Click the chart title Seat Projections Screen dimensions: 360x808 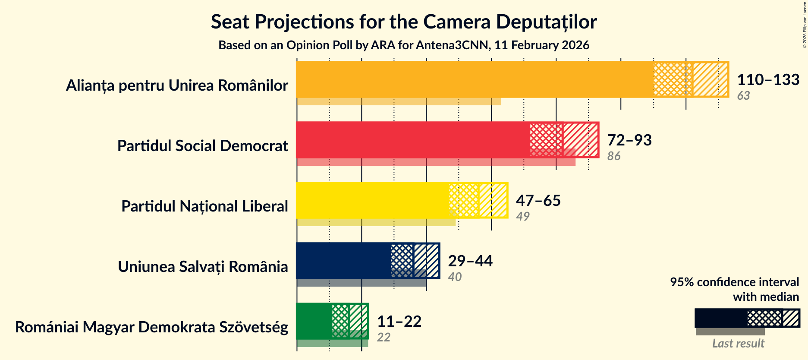(403, 22)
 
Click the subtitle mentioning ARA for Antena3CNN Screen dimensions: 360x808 (403, 45)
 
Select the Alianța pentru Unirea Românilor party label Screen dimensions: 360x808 (177, 85)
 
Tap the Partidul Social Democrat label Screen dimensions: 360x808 (202, 146)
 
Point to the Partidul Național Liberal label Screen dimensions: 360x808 (204, 206)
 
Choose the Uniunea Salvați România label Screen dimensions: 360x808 (203, 267)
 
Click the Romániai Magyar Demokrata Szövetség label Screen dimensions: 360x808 (151, 327)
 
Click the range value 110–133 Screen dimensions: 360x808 (768, 80)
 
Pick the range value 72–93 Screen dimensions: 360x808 (629, 140)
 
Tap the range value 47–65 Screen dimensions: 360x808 (538, 201)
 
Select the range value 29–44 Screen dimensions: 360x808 (470, 261)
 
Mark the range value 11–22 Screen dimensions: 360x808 (399, 322)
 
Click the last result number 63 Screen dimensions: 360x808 (743, 96)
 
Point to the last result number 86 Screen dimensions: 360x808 (613, 156)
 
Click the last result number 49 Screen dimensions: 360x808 (522, 217)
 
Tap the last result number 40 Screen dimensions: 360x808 (455, 277)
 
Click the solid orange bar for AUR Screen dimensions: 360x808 (475, 79)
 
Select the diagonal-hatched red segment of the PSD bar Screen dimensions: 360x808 (580, 140)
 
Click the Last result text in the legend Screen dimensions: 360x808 (738, 344)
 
